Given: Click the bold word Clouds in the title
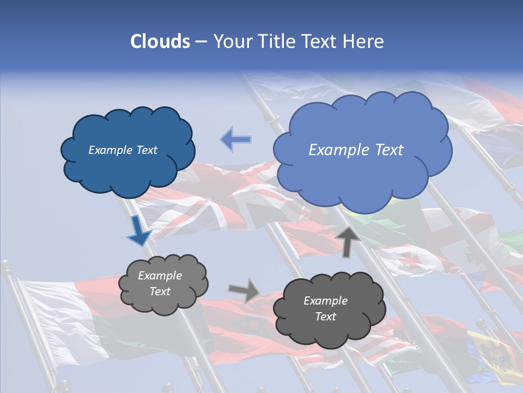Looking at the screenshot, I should pos(160,41).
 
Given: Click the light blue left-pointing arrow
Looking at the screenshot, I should pos(235,140).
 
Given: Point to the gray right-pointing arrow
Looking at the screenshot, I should pos(244,290).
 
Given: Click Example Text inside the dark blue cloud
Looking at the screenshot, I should pos(123,150).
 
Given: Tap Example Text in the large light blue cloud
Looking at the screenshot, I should pos(356,150).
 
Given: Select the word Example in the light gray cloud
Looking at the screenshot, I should pos(160,276).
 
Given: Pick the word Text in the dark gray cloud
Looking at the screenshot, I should pos(326,317).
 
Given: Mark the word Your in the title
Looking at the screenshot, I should pos(231,41).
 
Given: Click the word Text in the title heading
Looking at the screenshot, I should pos(320,41).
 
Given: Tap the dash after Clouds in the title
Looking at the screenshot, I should pos(201,41).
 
